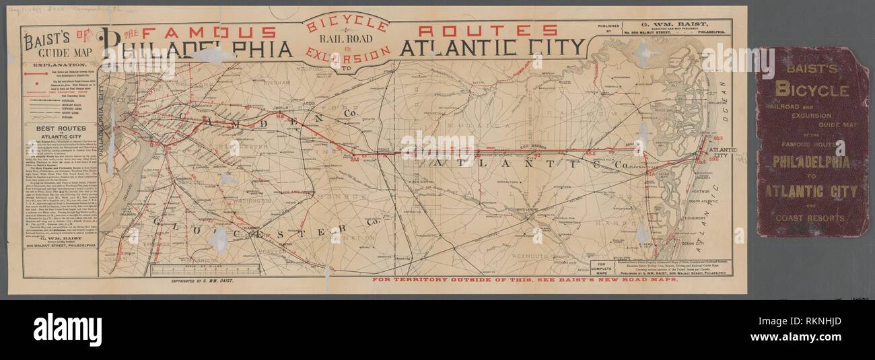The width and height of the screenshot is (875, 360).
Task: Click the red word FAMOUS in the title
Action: pos(209,32)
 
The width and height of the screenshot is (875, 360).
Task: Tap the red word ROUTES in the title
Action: pos(487,30)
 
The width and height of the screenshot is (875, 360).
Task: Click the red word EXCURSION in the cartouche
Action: pos(347,54)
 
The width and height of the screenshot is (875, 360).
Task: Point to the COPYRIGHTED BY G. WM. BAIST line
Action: pos(201,280)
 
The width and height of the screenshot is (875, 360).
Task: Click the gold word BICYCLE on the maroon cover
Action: pos(811,89)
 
